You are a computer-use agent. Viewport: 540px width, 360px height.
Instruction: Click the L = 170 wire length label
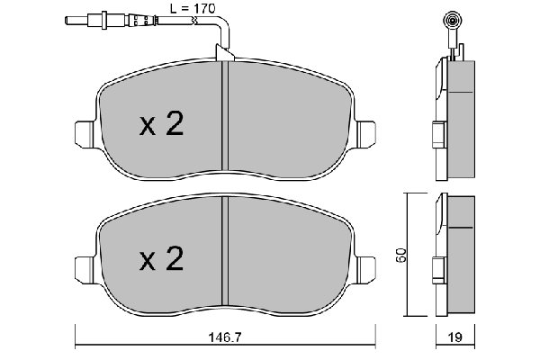click(x=193, y=8)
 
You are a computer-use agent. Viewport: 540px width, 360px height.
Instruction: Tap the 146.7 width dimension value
click(x=226, y=337)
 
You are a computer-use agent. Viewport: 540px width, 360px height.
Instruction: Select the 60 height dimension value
click(x=401, y=256)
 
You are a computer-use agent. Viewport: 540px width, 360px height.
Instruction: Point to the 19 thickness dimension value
click(x=455, y=337)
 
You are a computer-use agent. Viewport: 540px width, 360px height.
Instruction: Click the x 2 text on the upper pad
click(x=161, y=123)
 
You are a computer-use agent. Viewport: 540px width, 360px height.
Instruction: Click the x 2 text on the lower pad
click(x=161, y=258)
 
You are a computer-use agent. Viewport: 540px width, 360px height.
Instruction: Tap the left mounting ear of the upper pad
click(x=84, y=133)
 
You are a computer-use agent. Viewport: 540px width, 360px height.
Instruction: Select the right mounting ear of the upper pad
click(x=365, y=133)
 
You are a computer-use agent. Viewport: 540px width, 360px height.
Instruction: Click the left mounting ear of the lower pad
click(x=84, y=269)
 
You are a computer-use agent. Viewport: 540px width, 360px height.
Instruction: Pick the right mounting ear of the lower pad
click(x=365, y=269)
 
